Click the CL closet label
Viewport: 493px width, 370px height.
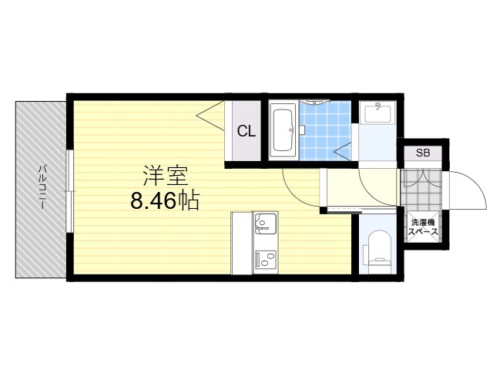pos(246,131)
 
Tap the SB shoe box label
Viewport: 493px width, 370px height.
pos(423,153)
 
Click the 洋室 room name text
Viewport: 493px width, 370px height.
pos(166,176)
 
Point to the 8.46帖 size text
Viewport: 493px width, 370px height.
pos(165,200)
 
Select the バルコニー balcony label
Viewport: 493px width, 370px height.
pos(42,187)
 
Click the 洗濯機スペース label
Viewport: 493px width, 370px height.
pos(423,227)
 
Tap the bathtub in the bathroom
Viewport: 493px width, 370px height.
pos(283,130)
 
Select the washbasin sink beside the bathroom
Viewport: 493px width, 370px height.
pos(377,112)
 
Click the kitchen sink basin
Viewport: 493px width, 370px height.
pos(265,224)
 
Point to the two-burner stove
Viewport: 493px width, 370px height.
pos(265,260)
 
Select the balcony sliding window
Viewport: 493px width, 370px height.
pos(70,191)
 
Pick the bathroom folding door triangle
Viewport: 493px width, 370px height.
pos(343,152)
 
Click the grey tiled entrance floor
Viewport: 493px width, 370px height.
pos(421,189)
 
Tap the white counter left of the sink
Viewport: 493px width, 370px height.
pos(241,243)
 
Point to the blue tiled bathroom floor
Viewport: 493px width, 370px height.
pos(325,130)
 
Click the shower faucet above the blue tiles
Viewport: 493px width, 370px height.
pos(314,102)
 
